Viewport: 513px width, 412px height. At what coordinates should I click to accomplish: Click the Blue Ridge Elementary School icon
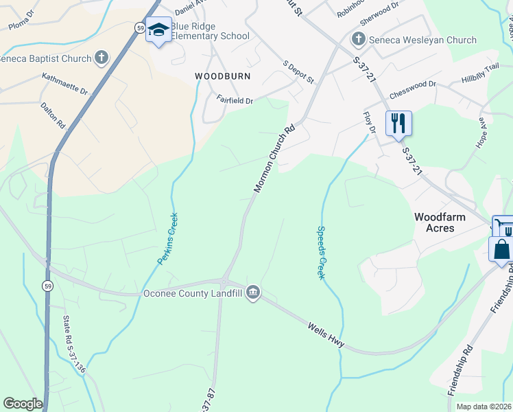tap(158, 30)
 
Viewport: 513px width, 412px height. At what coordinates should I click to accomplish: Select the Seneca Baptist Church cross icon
tap(102, 58)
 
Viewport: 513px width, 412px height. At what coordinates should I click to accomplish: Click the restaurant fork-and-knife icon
tap(398, 124)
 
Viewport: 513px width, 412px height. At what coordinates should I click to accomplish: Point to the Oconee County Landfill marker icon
tap(253, 293)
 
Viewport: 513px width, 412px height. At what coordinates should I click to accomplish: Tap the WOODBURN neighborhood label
tap(222, 76)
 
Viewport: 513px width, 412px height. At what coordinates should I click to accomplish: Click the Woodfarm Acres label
tap(440, 222)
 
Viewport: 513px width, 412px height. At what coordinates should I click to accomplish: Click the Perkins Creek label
tap(168, 239)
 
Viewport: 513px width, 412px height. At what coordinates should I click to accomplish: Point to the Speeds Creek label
tap(320, 253)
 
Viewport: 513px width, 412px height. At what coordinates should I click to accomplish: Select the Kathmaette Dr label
tap(65, 84)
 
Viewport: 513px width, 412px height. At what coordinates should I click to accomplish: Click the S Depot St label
tap(298, 72)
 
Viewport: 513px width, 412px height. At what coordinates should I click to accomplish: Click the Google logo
tap(23, 404)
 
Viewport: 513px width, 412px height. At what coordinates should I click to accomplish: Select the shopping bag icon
tap(501, 250)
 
